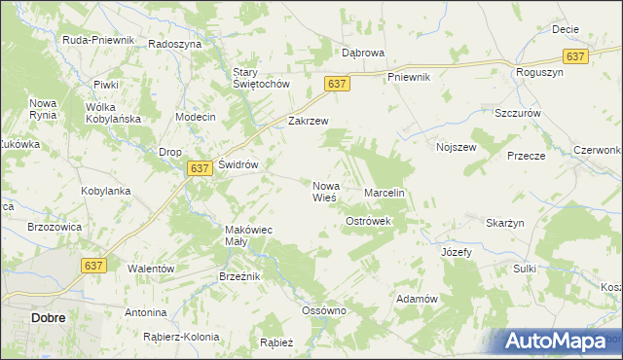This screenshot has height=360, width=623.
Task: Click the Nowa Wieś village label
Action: [325, 191]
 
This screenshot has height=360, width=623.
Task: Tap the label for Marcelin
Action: [384, 194]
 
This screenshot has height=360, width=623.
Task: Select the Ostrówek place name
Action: [368, 222]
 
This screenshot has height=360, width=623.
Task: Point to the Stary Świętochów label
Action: [262, 78]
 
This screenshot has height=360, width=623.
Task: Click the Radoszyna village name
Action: [174, 45]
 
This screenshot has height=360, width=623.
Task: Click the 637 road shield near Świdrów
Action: [199, 168]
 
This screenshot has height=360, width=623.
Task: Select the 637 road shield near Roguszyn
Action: [575, 56]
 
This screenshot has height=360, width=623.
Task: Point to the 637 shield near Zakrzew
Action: [337, 85]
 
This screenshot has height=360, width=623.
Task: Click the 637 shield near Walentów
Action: [94, 266]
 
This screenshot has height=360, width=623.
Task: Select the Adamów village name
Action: [415, 299]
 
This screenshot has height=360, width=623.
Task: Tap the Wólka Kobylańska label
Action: [114, 113]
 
